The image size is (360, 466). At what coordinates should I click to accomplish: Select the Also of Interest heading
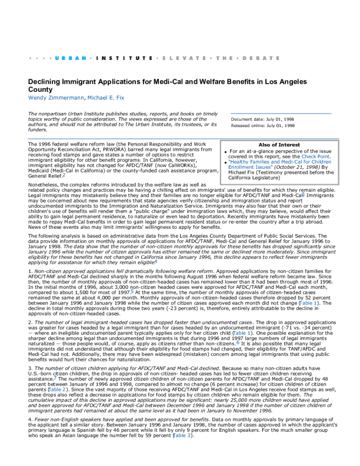[276, 145]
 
